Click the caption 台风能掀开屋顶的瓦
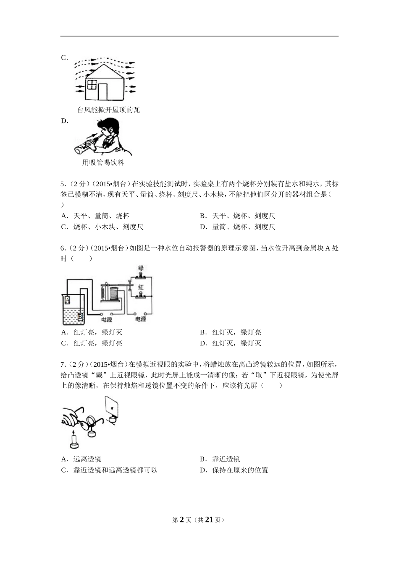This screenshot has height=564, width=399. point(108,110)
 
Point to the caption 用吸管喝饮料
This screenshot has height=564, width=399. point(103,163)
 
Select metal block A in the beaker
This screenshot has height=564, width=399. point(67,299)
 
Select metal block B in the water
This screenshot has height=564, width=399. point(80,316)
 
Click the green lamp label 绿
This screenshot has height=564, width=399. point(141,267)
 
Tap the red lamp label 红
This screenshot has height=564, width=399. point(141,287)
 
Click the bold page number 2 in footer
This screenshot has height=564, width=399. point(182,520)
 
